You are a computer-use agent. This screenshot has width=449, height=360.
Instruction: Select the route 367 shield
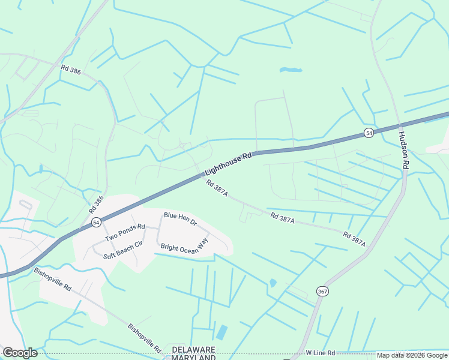point(323,291)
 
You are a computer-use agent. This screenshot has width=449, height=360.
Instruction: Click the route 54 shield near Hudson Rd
point(369,132)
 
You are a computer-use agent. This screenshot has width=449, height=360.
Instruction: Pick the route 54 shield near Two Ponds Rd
point(96,222)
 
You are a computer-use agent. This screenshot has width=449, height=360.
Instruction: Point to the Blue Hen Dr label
point(180,218)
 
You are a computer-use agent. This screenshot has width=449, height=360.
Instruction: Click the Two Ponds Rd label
point(125,233)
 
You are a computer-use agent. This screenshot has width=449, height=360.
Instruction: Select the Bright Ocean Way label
point(184,242)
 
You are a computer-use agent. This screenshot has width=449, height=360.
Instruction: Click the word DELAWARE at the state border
point(194,349)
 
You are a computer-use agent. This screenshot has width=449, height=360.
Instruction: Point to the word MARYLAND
point(193,357)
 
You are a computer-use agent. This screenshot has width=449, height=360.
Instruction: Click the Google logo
point(19,353)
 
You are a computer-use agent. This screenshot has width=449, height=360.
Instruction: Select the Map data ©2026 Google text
point(412,355)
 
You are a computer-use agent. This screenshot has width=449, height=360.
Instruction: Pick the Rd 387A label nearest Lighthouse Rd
point(217,188)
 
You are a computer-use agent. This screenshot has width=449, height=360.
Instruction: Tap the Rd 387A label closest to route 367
point(354,239)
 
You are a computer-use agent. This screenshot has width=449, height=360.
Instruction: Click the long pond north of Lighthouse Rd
point(291,70)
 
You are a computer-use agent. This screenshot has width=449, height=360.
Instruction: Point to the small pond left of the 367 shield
point(273,283)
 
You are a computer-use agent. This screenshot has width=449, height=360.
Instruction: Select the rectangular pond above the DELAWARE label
point(222,332)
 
